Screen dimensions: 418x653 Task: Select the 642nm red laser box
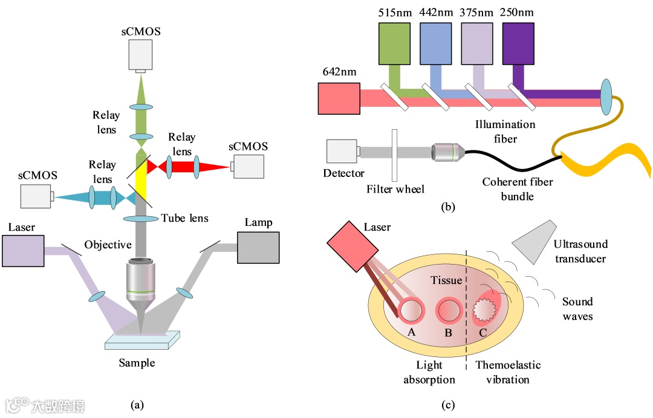339,98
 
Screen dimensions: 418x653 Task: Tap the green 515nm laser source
395,43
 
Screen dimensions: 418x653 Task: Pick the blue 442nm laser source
436,43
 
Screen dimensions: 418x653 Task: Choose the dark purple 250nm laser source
518,43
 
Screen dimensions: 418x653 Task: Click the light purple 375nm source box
477,43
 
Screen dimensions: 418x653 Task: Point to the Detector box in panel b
342,151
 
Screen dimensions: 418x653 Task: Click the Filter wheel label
395,189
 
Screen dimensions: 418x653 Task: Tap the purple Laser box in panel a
23,251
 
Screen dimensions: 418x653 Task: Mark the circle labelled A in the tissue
411,310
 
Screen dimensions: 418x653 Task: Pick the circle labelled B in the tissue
449,310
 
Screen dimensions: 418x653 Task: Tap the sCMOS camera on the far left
36,196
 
